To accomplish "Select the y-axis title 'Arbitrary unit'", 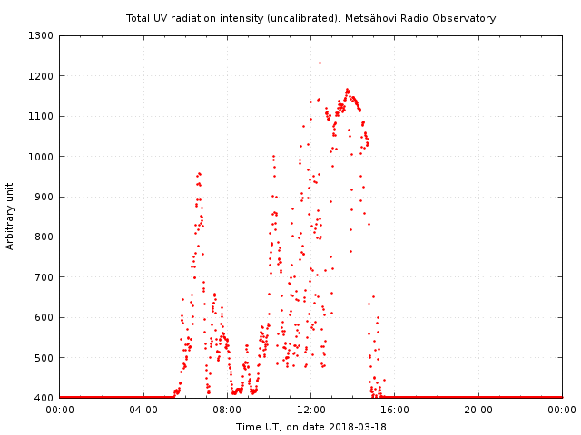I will point(10,216).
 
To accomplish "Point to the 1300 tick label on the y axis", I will point(40,36).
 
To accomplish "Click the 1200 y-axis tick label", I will point(40,76).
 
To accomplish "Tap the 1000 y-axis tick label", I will point(40,157).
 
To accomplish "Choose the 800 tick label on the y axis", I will point(43,237).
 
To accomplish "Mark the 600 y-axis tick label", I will point(43,317).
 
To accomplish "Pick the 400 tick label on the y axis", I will point(43,398).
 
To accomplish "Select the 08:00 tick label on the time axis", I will point(227,410).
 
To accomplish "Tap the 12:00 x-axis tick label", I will point(311,410).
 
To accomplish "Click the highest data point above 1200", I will point(320,63).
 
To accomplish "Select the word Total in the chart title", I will point(138,18).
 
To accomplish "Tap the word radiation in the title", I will point(195,18).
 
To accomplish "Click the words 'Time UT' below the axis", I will point(256,427).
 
